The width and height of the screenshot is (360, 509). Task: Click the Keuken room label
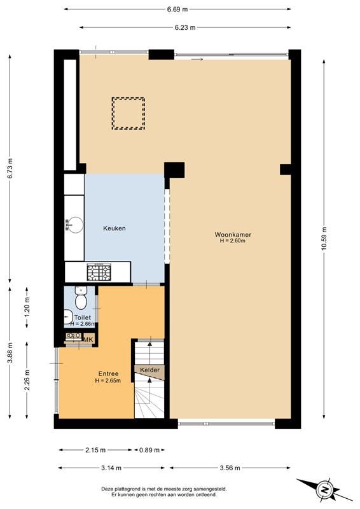(114, 228)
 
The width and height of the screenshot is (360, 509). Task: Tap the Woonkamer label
(233, 234)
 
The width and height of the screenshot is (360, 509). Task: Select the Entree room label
(108, 373)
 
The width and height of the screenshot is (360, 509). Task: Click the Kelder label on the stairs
(149, 370)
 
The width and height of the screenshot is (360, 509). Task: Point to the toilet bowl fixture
(81, 298)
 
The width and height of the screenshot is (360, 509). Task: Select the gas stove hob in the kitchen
(99, 272)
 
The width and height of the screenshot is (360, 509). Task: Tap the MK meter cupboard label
(88, 340)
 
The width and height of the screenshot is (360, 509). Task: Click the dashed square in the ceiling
(128, 114)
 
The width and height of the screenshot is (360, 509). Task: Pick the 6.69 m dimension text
(177, 10)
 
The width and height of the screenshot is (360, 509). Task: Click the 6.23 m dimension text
(185, 27)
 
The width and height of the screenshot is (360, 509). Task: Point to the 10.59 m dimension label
(324, 239)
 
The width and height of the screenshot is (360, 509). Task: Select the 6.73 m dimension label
(10, 168)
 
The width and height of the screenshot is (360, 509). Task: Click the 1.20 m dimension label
(27, 307)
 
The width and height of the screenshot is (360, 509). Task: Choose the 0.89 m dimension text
(149, 450)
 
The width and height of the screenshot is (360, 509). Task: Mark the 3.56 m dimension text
(230, 468)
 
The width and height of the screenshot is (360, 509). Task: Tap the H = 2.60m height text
(232, 241)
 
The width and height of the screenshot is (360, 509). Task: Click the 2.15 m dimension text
(95, 450)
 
